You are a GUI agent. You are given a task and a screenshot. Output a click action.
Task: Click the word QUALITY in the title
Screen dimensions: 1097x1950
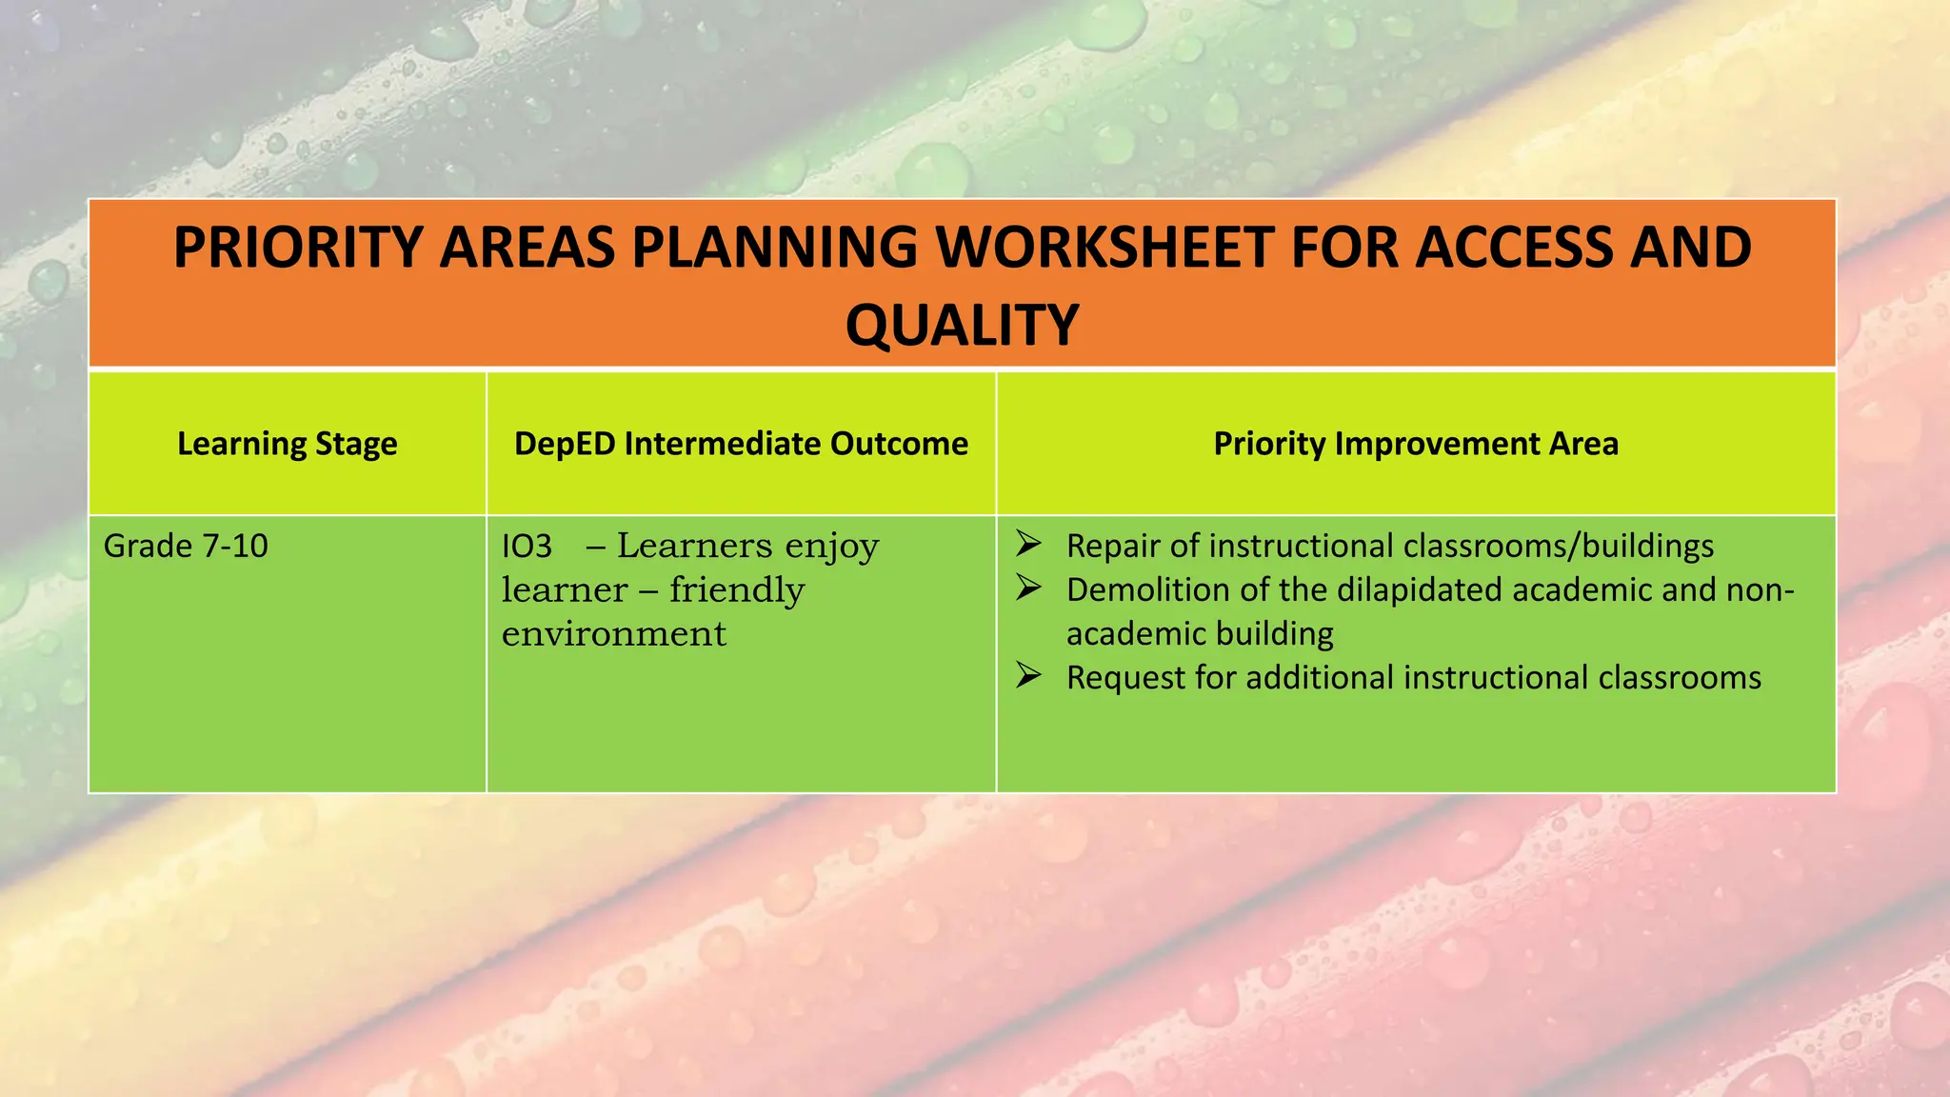pos(962,325)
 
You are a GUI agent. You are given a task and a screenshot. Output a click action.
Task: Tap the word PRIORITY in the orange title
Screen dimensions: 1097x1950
pos(298,248)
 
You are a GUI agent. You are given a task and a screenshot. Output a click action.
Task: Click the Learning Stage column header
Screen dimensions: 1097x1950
pos(287,444)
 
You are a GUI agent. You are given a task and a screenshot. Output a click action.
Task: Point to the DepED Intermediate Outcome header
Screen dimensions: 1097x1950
pos(741,444)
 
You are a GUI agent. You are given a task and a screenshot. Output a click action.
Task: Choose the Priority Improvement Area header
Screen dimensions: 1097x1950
pos(1415,444)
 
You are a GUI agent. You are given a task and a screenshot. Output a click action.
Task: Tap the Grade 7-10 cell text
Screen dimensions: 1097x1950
pos(186,546)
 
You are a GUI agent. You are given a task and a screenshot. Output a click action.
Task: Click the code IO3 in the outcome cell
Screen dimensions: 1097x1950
pos(527,546)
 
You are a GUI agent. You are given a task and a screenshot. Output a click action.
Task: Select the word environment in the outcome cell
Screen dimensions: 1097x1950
pos(613,634)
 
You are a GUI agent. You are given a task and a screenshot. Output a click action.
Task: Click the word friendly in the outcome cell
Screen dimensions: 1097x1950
pos(736,590)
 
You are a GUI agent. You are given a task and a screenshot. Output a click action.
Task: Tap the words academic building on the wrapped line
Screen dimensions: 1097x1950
pos(1200,634)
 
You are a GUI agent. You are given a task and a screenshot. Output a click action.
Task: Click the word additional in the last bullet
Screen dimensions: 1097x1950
pos(1320,678)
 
